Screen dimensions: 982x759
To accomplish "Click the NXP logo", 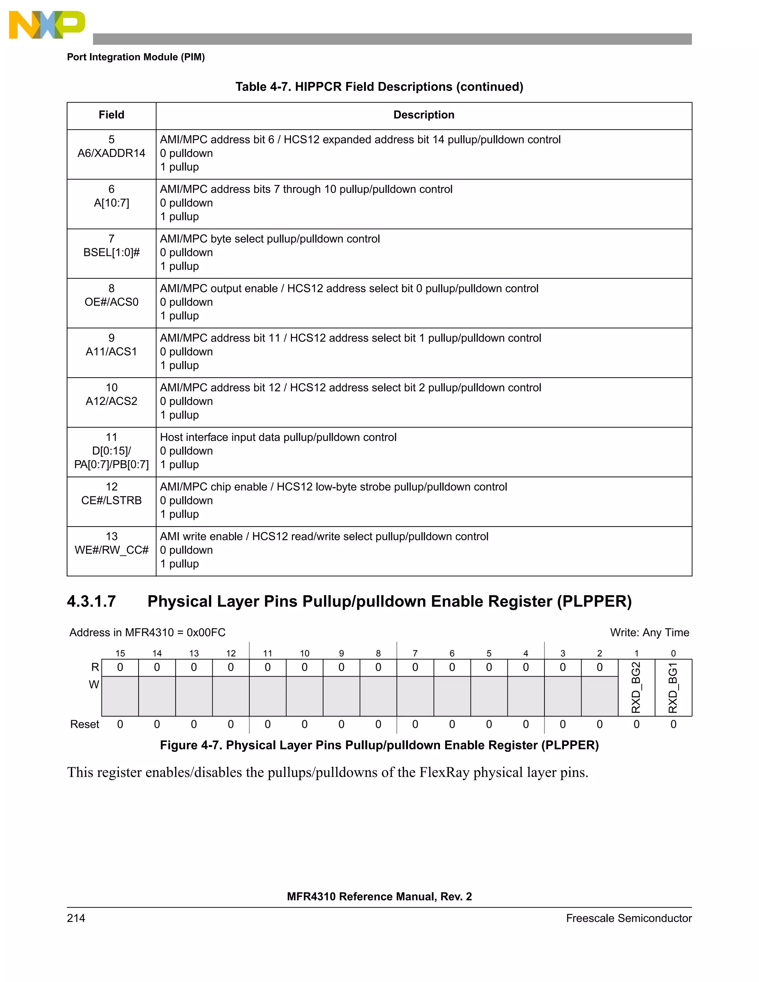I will point(47,25).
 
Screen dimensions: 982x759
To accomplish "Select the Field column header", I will point(112,115).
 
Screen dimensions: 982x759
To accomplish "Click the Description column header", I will point(424,115).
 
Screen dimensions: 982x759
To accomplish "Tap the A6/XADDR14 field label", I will point(112,153).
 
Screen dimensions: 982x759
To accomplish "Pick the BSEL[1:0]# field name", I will point(112,253).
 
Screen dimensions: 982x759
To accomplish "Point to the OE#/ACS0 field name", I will point(112,302).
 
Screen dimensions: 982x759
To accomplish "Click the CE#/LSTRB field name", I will point(112,500).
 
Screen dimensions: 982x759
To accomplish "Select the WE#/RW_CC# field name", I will point(112,550).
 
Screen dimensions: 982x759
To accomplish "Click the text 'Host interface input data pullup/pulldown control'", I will point(278,438).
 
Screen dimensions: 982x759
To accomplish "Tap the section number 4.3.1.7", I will point(91,601).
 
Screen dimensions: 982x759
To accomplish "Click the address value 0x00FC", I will point(206,633).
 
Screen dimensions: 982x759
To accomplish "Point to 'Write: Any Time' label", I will point(649,633).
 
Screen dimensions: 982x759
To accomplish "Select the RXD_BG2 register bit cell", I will point(636,687).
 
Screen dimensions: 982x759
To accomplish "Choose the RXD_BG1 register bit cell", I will point(673,687).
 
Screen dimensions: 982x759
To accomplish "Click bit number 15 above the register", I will point(120,653).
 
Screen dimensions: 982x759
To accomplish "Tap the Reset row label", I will point(84,724).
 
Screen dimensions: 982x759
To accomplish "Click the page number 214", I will point(76,918).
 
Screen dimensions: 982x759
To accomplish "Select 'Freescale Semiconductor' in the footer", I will point(629,918).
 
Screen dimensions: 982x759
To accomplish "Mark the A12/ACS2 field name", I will point(112,402).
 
